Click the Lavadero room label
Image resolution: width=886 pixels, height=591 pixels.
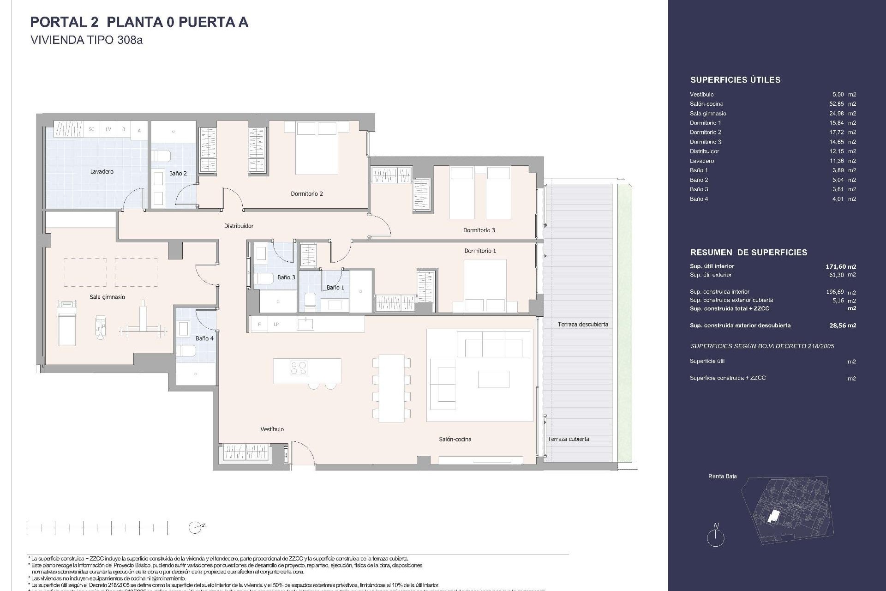(x=102, y=171)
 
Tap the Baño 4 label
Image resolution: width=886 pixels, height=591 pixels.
(x=204, y=338)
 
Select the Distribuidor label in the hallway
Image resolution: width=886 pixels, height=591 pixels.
(x=239, y=226)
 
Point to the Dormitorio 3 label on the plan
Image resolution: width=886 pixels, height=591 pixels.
(x=479, y=230)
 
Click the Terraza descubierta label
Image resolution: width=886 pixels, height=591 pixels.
(x=582, y=324)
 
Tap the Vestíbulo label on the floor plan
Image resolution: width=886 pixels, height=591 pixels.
(x=272, y=429)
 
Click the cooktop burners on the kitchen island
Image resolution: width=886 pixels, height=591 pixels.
(x=299, y=368)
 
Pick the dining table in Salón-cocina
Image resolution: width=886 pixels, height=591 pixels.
(x=391, y=388)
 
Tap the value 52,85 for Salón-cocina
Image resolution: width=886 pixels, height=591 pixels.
(x=837, y=104)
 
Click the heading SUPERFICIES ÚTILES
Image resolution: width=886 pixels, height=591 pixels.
(x=735, y=80)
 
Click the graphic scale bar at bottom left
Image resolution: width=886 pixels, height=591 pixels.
(x=97, y=527)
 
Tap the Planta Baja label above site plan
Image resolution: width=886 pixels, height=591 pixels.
(x=722, y=476)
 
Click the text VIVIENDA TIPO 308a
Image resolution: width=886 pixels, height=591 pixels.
(x=86, y=40)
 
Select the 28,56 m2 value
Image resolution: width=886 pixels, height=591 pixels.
(x=842, y=326)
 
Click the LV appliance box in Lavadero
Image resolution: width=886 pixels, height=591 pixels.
(x=108, y=129)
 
